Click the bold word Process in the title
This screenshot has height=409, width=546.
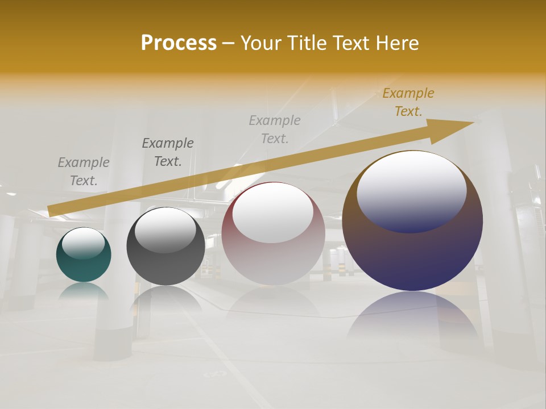tap(179, 43)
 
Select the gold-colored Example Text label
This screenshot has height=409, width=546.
tap(408, 102)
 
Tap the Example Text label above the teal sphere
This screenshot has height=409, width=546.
tap(84, 172)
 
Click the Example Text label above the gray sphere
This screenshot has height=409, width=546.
tap(168, 152)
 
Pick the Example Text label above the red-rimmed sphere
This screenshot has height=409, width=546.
tap(275, 129)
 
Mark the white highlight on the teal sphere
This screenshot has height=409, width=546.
tap(83, 243)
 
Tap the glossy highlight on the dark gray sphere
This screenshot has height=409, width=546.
tap(165, 228)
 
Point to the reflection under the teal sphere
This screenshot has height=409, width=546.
tap(84, 291)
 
